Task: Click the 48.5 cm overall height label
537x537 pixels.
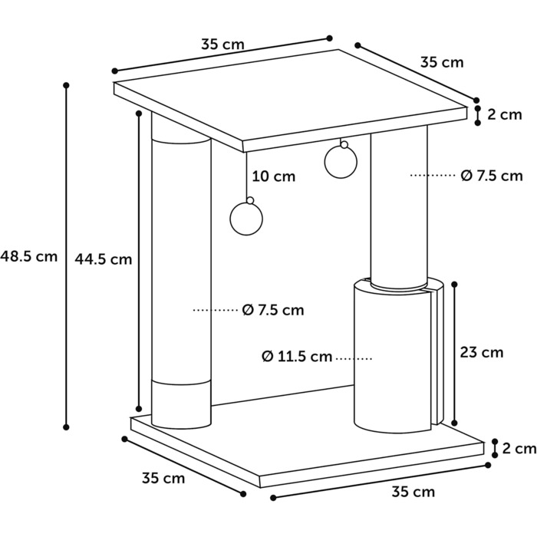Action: coord(29,256)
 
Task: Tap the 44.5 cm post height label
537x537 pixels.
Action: coord(104,259)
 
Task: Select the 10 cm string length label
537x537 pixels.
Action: coord(274,176)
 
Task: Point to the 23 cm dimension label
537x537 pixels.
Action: coord(482,352)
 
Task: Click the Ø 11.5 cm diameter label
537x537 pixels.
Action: coord(297,357)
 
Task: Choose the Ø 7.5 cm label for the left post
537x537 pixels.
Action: coord(273,310)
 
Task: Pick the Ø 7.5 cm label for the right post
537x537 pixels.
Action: coord(492,176)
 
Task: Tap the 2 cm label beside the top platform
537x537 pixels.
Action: coord(505,114)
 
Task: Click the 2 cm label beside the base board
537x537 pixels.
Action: coord(519,448)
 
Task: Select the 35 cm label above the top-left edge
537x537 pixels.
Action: coord(223,44)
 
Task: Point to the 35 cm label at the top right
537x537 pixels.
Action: coord(442,62)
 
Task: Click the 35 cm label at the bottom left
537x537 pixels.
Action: coord(163,478)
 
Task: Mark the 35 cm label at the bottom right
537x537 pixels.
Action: coord(413,492)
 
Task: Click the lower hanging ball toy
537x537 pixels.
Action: coord(246,218)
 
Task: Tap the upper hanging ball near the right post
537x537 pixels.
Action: coord(341,160)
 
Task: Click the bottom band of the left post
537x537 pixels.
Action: coord(181,404)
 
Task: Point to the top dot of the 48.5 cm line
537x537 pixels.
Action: coord(67,84)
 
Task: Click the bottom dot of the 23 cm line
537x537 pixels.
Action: coord(455,423)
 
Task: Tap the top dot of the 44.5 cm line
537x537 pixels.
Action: coord(139,113)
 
